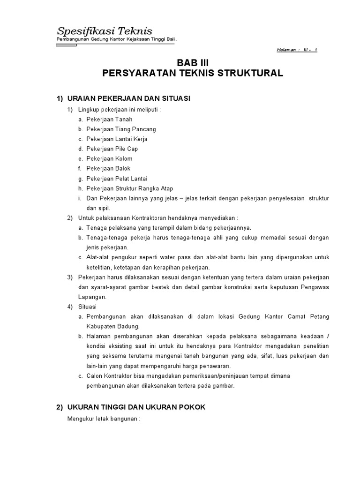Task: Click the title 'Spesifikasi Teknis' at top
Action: [104, 31]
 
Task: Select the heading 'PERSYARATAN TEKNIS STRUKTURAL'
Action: [193, 74]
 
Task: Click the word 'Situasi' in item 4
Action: [87, 307]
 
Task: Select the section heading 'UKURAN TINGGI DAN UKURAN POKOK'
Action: [136, 407]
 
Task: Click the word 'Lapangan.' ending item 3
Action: [92, 297]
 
